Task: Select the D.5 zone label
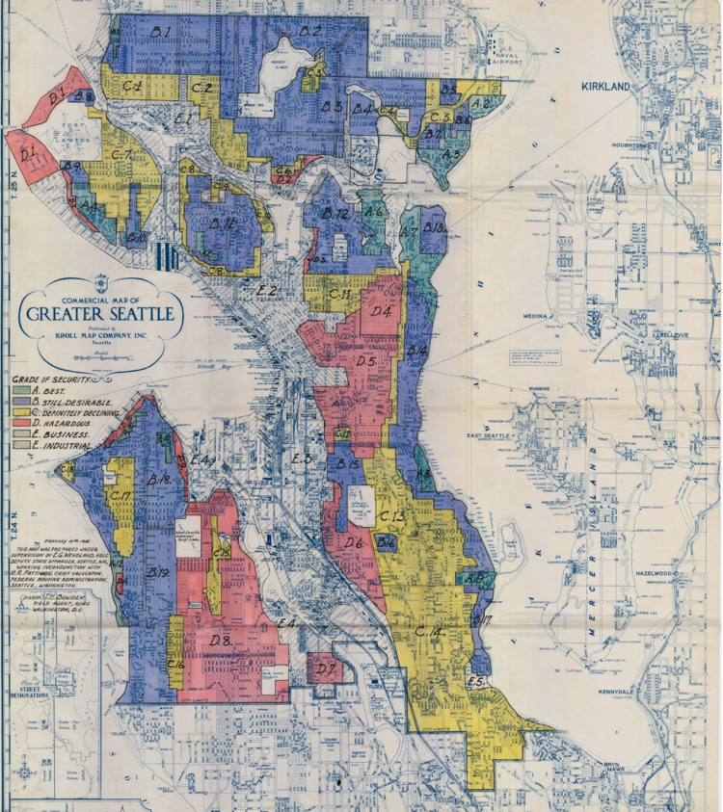pyautogui.click(x=365, y=362)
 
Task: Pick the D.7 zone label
pyautogui.click(x=326, y=668)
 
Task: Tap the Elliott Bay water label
pyautogui.click(x=210, y=365)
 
